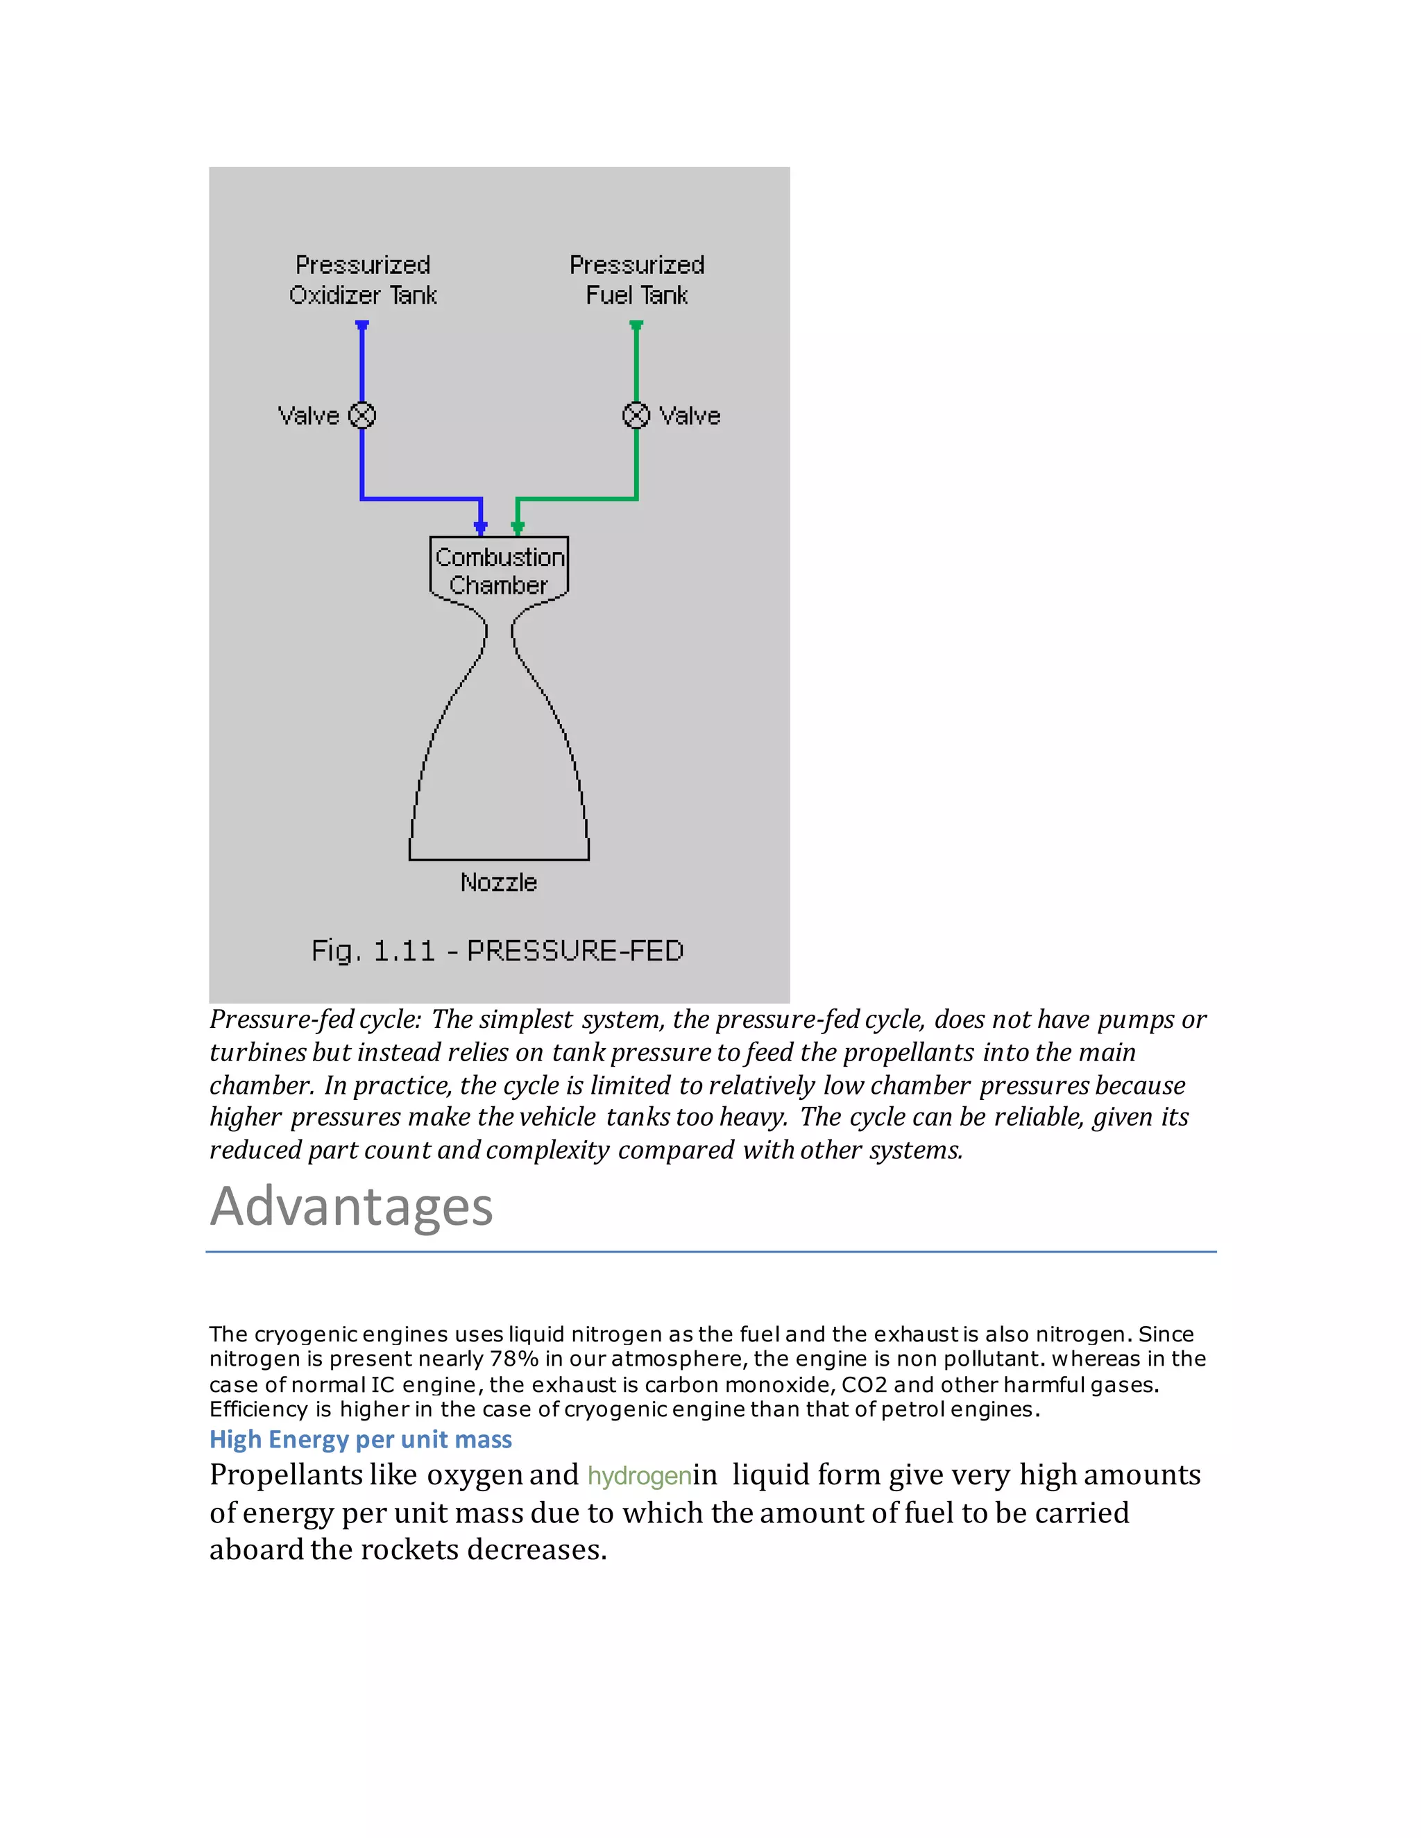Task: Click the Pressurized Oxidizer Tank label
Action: click(363, 280)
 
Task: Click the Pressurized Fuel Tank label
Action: click(636, 280)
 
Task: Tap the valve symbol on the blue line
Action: click(362, 415)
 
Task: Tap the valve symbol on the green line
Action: click(636, 415)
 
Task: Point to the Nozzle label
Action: click(498, 882)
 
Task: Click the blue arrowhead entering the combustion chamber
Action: click(481, 528)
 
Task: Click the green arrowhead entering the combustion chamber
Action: click(518, 528)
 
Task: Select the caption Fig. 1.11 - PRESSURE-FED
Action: click(497, 951)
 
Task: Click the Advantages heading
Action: click(351, 1206)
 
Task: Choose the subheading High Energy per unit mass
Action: click(360, 1439)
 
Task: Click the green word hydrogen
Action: click(640, 1476)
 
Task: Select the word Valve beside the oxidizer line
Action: click(309, 415)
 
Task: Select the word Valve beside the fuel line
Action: click(690, 415)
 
